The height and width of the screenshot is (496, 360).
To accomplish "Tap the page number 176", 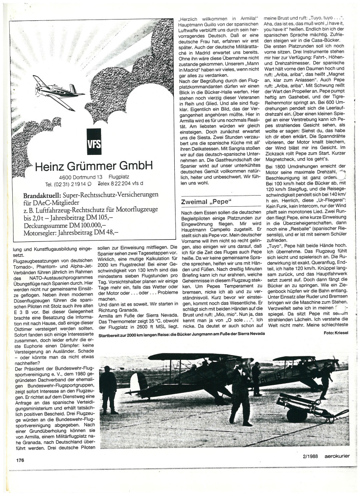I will coord(20,460).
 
